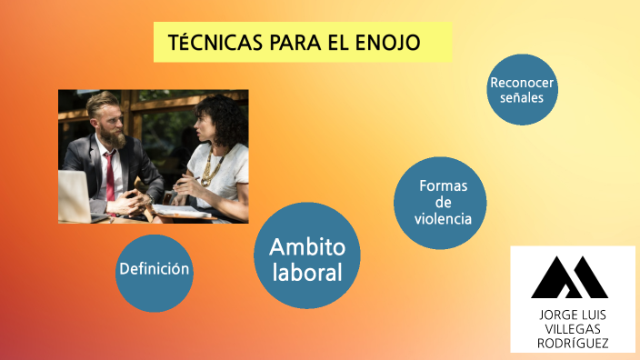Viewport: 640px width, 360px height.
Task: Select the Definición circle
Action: pos(155,270)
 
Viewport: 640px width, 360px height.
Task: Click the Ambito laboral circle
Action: pos(307,256)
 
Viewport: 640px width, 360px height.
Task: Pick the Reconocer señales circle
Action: pos(522,89)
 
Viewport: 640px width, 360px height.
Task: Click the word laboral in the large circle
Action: pos(307,271)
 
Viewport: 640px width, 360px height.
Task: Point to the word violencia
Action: pos(443,218)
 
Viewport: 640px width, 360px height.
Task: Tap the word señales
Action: pos(522,98)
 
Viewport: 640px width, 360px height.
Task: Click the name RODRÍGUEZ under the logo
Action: pos(573,343)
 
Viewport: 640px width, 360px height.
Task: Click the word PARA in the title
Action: pos(298,44)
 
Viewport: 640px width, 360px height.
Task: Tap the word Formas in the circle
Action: pos(443,186)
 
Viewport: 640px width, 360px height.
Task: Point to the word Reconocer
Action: pos(522,82)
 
